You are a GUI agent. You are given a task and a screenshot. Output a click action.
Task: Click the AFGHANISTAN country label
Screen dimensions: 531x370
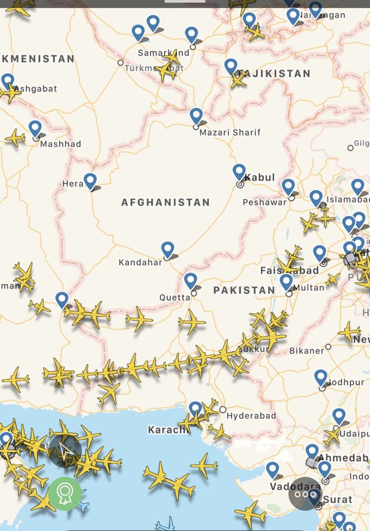(x=165, y=202)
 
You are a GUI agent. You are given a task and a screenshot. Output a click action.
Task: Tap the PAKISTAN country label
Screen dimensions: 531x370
(x=244, y=290)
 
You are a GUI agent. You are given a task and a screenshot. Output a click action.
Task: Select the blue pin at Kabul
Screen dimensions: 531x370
(x=239, y=172)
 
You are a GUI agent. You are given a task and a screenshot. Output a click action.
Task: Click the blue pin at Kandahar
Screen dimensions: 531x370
(x=168, y=250)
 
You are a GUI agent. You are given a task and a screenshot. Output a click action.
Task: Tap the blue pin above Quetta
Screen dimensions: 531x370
(x=190, y=280)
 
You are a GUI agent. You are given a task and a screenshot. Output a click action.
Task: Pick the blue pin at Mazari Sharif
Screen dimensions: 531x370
(x=196, y=116)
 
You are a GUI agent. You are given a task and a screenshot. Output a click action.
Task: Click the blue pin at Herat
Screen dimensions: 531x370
(x=90, y=181)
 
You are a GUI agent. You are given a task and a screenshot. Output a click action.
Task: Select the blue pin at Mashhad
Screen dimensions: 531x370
(x=35, y=129)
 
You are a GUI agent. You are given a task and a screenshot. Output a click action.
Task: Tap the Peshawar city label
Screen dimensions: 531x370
(x=264, y=202)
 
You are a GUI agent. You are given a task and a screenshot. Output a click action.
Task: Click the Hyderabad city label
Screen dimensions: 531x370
(x=251, y=416)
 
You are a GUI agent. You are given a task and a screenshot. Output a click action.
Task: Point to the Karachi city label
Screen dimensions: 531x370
(x=168, y=430)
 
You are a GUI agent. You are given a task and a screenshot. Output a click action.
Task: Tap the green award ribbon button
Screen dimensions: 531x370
(x=64, y=493)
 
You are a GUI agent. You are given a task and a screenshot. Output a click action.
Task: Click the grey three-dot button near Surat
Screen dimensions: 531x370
(x=304, y=493)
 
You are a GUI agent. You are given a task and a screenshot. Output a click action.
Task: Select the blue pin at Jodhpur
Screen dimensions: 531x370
(x=320, y=377)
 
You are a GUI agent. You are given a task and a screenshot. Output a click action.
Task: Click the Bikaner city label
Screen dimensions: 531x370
(x=307, y=350)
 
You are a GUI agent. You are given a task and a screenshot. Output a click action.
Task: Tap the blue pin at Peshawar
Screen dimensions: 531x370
(x=288, y=186)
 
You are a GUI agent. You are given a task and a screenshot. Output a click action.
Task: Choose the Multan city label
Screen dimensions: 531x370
(x=309, y=288)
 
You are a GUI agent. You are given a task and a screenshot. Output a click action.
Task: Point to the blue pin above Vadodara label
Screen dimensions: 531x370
(x=272, y=470)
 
